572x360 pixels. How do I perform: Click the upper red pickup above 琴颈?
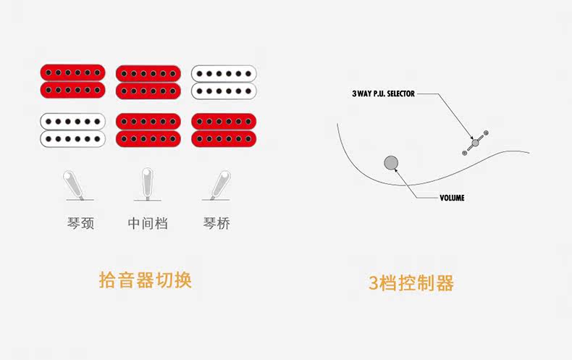pyautogui.click(x=73, y=81)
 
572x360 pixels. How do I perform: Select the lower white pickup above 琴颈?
pyautogui.click(x=73, y=129)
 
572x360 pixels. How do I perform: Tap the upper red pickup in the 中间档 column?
pyautogui.click(x=148, y=81)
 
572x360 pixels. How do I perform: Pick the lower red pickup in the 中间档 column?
pyautogui.click(x=148, y=129)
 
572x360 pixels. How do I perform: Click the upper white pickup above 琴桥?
pyautogui.click(x=224, y=81)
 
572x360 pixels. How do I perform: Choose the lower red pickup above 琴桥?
pyautogui.click(x=224, y=129)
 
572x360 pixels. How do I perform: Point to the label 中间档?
pyautogui.click(x=148, y=223)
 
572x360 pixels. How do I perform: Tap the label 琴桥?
pyautogui.click(x=217, y=223)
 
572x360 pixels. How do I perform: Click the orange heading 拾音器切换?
pyautogui.click(x=145, y=280)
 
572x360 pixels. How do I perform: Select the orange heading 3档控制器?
pyautogui.click(x=411, y=282)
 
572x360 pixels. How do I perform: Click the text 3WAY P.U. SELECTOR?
pyautogui.click(x=383, y=94)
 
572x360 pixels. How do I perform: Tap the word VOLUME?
pyautogui.click(x=452, y=198)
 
